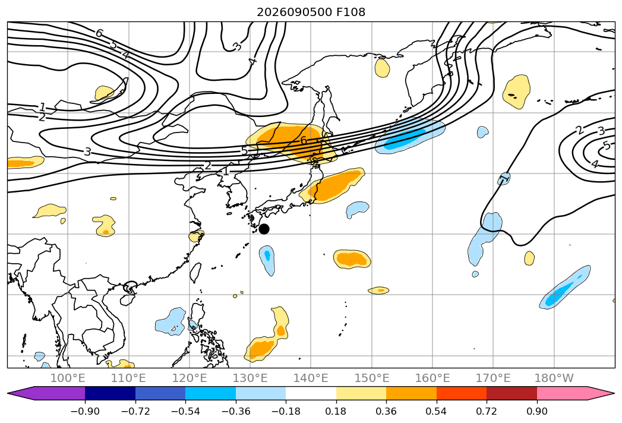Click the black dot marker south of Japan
264,229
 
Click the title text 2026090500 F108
311,12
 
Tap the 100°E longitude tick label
68,378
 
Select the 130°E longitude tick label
250,378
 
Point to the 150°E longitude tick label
372,378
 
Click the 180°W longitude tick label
554,378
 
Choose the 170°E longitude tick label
493,378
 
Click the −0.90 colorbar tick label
85,411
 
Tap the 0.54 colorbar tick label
436,411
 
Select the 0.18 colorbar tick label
336,411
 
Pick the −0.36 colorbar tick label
236,411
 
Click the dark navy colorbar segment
110,393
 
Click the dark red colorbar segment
512,393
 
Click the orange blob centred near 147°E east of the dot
352,259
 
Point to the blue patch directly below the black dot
267,260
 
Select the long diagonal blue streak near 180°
565,288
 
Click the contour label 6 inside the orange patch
304,140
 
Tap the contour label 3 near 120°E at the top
236,47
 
